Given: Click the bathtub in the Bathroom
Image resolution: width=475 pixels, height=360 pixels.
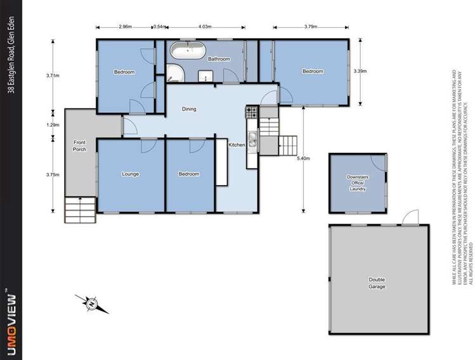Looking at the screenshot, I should (186, 49).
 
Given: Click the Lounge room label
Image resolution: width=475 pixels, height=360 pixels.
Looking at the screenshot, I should (130, 174).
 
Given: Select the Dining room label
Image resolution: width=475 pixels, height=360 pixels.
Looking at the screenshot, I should (189, 109).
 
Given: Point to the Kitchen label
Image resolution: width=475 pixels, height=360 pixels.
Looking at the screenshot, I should (237, 145).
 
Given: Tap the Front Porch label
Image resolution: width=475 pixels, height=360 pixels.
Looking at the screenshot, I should (79, 146).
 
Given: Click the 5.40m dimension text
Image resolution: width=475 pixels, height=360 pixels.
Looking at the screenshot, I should (307, 158).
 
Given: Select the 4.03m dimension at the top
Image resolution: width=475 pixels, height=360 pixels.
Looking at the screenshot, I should (204, 27).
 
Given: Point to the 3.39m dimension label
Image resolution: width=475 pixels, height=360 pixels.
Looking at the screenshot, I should (360, 71).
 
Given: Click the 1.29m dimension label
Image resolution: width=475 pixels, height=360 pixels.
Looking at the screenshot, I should (53, 125).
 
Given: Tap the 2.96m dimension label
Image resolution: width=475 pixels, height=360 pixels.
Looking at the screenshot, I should (125, 27).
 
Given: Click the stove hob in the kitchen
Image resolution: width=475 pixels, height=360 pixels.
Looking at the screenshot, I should (251, 113).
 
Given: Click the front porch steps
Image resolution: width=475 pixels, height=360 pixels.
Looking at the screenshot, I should (79, 208).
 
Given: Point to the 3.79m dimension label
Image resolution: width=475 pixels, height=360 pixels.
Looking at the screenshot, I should (310, 27).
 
